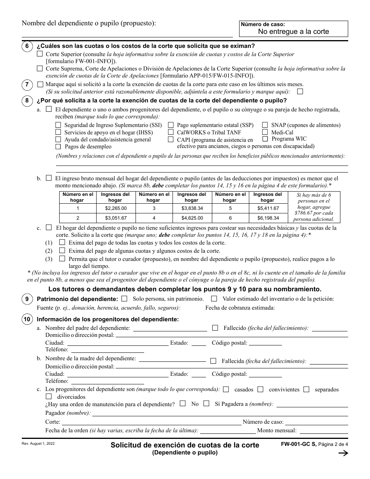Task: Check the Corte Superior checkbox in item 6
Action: point(40,54)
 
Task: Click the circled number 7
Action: point(26,85)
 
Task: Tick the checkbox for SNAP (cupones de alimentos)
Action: point(265,125)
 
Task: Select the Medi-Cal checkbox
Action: point(265,132)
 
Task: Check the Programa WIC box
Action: point(265,139)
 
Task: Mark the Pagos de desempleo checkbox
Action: point(58,146)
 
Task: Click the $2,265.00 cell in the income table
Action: point(116,208)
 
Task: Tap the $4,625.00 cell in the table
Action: point(192,218)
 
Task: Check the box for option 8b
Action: point(49,178)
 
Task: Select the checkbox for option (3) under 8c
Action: point(62,259)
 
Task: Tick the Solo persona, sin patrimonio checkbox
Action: point(124,299)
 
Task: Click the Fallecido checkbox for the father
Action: point(215,328)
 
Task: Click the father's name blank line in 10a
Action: point(170,329)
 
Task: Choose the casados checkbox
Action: point(226,389)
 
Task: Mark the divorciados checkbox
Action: point(49,396)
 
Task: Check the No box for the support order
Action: point(183,403)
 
